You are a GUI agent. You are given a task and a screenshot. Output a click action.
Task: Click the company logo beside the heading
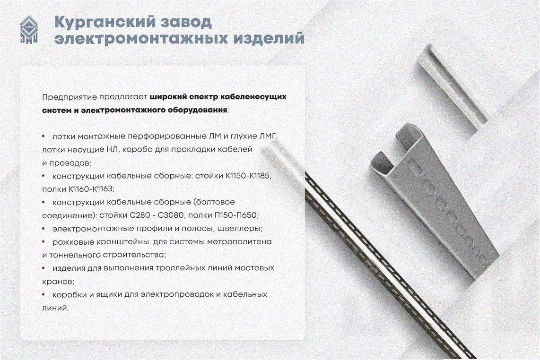29,30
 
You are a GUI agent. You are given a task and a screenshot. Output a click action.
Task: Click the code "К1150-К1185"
249,176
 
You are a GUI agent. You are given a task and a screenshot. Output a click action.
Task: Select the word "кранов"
57,282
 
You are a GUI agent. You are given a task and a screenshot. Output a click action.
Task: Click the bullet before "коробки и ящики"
44,294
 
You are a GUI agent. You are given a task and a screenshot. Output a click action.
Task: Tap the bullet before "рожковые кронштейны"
44,241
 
